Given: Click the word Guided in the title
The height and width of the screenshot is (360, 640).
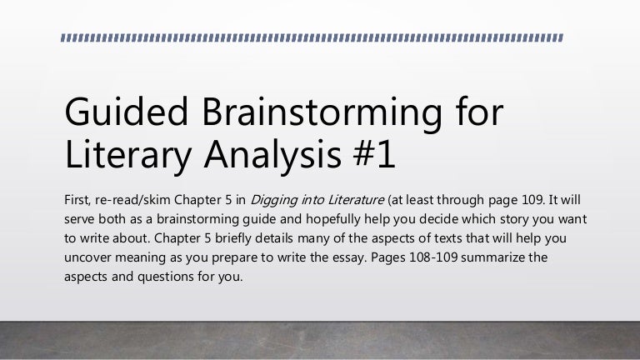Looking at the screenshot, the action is [126, 112].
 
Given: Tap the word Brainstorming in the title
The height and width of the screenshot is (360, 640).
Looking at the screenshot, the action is [322, 115].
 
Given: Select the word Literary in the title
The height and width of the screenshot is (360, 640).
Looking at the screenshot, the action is [127, 157].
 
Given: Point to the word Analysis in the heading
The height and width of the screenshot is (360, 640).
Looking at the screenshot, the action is [272, 157].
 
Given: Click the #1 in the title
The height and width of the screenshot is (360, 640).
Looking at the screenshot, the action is [375, 154].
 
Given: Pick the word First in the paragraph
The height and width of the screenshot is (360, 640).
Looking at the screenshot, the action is [77, 200].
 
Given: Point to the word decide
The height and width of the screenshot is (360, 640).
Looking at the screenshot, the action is [438, 219].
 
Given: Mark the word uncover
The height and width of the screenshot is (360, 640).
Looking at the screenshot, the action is [87, 257].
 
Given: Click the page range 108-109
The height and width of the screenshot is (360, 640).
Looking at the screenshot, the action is [433, 257].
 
